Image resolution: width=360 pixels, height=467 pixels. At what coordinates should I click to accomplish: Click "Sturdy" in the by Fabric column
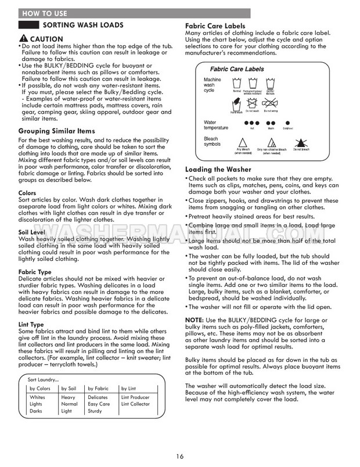(x=95, y=411)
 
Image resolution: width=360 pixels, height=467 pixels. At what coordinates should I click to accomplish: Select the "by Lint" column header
(x=129, y=387)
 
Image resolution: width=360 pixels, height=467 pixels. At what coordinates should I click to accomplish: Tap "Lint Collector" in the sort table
(x=135, y=404)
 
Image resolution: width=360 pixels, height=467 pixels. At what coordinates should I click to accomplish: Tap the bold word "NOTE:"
(x=194, y=320)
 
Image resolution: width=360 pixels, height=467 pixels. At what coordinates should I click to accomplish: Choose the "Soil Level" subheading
(x=33, y=232)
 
